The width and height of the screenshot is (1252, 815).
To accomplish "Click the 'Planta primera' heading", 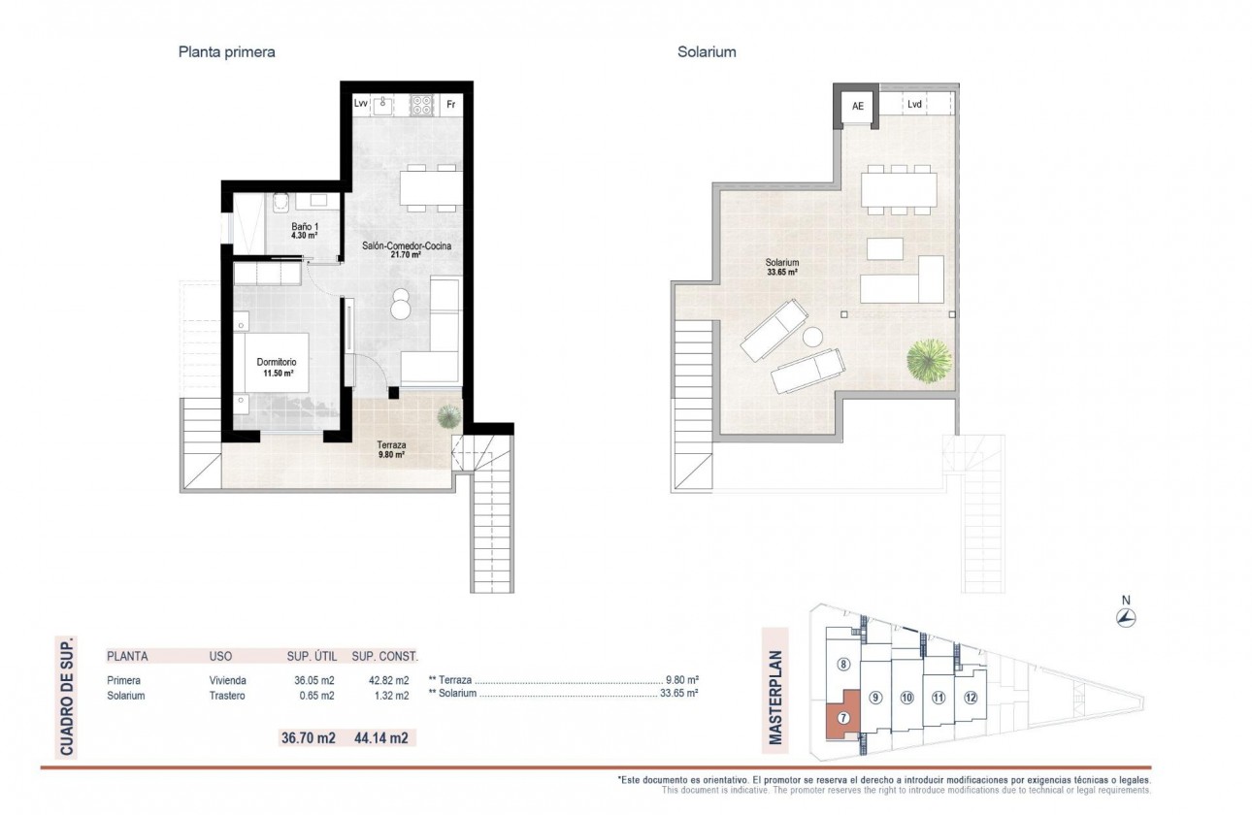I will coord(226,52).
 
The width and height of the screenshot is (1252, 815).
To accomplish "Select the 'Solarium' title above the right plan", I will coord(707,52).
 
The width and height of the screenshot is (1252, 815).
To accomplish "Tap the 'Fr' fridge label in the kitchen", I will coord(450,104).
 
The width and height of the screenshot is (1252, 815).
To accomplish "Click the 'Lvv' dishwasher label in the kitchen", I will coord(361,104).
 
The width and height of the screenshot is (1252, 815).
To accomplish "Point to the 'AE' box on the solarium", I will coord(858,107).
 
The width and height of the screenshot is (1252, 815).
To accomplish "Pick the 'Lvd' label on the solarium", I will coord(914,104).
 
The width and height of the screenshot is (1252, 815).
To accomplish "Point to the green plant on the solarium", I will coord(929,361).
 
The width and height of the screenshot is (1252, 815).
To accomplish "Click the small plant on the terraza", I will coord(448,416).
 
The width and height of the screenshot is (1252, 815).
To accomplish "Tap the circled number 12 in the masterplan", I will coord(970,698).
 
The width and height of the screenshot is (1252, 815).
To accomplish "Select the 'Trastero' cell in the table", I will coord(227,696).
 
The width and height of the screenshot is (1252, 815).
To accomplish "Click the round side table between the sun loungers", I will coord(812,338).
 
